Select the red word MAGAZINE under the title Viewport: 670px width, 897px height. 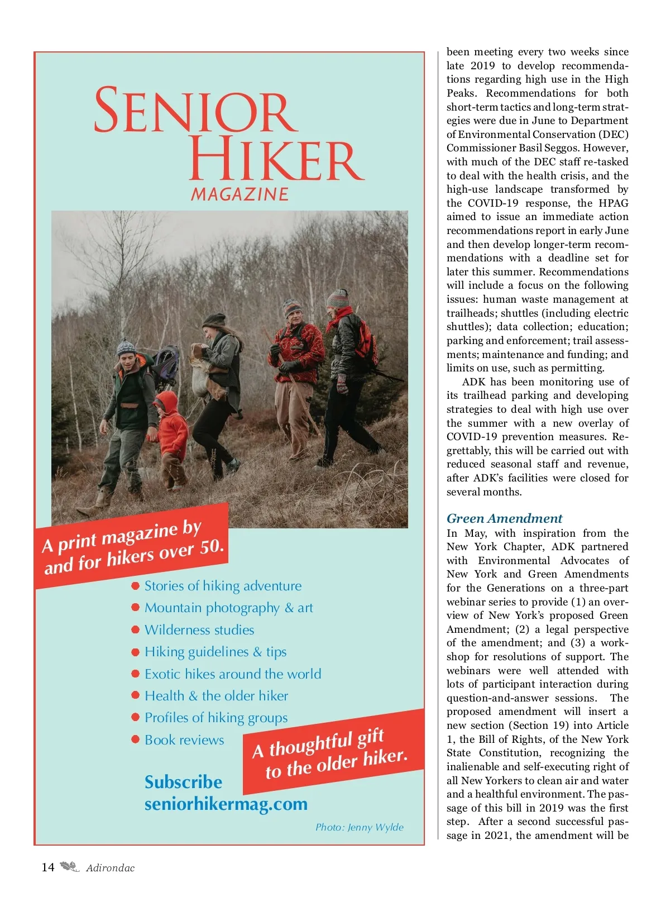[240, 194]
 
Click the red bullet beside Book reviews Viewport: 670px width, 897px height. [135, 739]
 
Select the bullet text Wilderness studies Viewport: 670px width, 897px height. [199, 630]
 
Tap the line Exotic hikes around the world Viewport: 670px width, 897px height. [232, 674]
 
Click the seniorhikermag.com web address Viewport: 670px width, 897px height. [226, 804]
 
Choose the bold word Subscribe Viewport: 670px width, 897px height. [183, 782]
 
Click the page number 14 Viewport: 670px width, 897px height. [48, 867]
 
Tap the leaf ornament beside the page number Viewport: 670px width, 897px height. [70, 867]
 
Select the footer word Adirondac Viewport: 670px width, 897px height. [110, 868]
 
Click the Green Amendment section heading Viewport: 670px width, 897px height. [504, 518]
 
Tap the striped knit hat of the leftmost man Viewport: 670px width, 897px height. [126, 347]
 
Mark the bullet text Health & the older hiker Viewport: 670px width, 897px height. [216, 696]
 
